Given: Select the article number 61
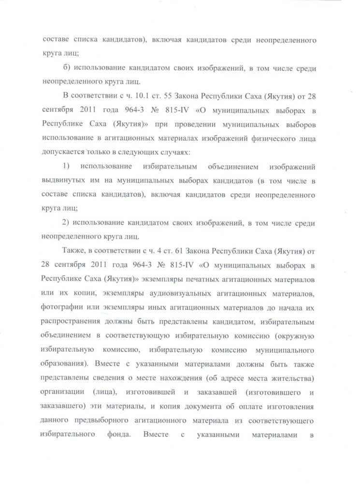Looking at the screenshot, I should pyautogui.click(x=185, y=249).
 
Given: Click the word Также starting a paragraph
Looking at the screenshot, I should pyautogui.click(x=73, y=249).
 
